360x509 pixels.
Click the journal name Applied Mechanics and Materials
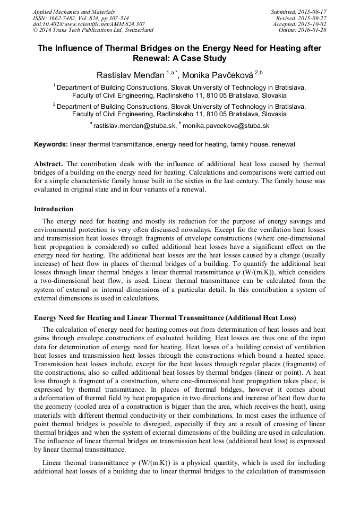pos(73,12)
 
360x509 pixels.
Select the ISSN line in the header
pos(81,18)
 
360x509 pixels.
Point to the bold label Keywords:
pos(51,144)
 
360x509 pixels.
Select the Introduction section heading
pos(54,209)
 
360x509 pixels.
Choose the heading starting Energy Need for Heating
pos(165,318)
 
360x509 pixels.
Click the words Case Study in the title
pos(200,58)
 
